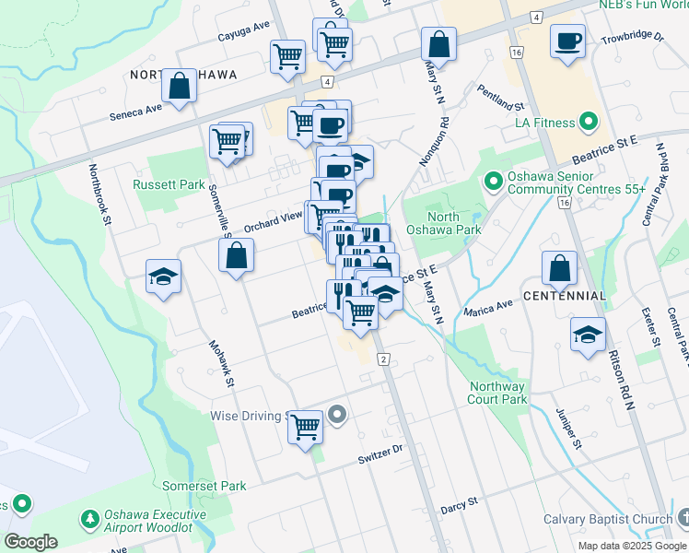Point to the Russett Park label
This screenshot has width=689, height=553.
pyautogui.click(x=169, y=184)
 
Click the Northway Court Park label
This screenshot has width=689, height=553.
pyautogui.click(x=497, y=393)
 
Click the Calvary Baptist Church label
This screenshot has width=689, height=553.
pyautogui.click(x=607, y=519)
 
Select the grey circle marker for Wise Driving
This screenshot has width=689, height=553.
pyautogui.click(x=337, y=416)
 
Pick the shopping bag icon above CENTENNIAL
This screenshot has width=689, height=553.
pyautogui.click(x=559, y=268)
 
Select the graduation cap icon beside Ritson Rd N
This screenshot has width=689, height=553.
pyautogui.click(x=587, y=335)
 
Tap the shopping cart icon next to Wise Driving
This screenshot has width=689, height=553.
pyautogui.click(x=305, y=427)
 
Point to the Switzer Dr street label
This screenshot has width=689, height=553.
pyautogui.click(x=381, y=456)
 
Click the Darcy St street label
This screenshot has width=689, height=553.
pyautogui.click(x=460, y=503)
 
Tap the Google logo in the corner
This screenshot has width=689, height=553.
pyautogui.click(x=30, y=542)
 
